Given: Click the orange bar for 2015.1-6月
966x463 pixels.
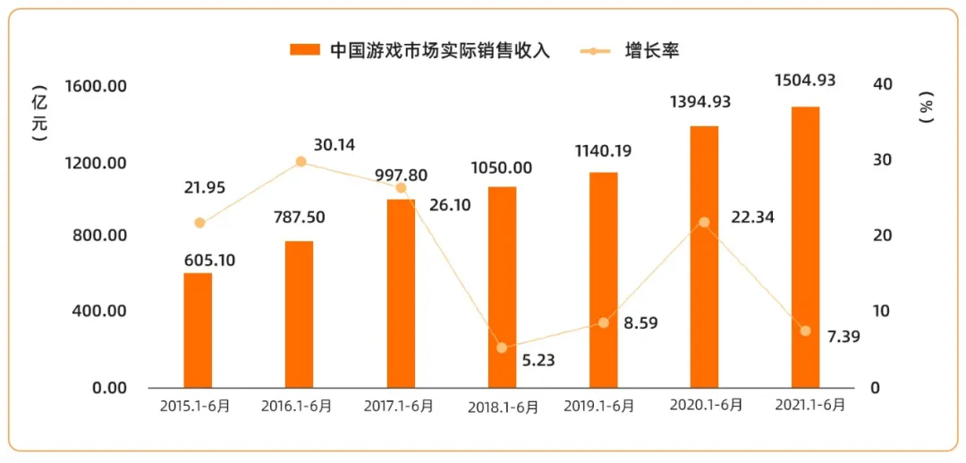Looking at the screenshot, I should (198, 330).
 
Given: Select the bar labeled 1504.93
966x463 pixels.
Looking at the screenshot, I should (805, 247).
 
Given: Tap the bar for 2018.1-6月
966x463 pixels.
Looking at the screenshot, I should (502, 287).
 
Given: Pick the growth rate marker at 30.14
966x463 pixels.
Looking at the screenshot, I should (301, 162).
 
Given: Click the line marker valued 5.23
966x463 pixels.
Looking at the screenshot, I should (502, 347).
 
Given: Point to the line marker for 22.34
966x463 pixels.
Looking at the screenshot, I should (704, 222).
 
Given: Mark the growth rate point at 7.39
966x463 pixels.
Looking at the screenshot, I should (805, 331).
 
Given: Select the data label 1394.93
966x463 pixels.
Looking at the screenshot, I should (700, 102).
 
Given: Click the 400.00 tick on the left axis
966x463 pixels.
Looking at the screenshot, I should (97, 312).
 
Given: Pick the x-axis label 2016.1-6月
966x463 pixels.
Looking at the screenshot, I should (296, 406).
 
